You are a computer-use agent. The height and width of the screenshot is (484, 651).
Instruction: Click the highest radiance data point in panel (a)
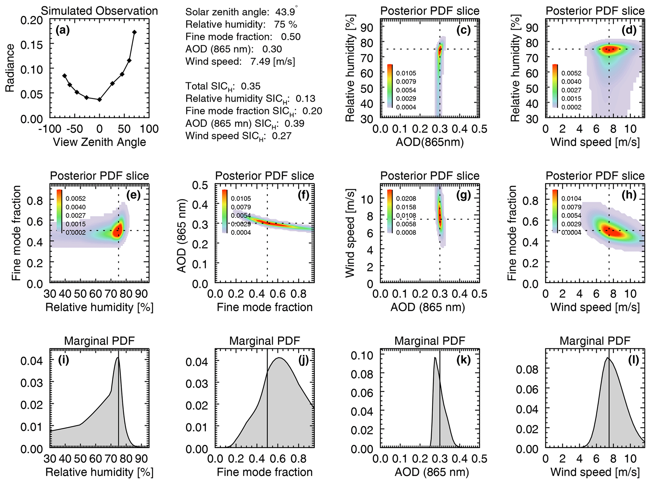tap(134, 32)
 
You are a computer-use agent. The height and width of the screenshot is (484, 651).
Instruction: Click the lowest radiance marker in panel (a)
tap(100, 100)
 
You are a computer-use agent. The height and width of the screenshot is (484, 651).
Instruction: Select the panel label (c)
tap(463, 30)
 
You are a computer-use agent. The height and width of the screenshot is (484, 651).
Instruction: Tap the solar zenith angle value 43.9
tap(285, 12)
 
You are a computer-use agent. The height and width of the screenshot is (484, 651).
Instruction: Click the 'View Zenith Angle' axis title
tap(100, 142)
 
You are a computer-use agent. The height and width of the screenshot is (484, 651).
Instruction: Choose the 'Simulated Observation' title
tap(100, 11)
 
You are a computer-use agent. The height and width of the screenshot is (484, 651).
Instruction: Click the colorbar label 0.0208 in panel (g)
tap(406, 199)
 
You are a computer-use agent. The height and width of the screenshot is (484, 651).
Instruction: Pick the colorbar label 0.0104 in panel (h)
tap(571, 199)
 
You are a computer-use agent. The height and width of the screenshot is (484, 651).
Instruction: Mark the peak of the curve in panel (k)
tap(435, 358)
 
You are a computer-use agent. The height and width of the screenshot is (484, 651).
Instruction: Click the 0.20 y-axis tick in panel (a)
tap(31, 20)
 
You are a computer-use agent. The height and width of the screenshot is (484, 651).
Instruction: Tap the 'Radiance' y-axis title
tap(10, 68)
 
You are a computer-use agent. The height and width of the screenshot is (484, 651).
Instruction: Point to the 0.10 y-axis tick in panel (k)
tap(362, 356)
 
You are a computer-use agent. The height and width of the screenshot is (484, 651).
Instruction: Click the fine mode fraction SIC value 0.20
tap(312, 111)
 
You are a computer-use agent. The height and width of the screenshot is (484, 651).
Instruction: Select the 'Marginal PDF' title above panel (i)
tap(100, 341)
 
